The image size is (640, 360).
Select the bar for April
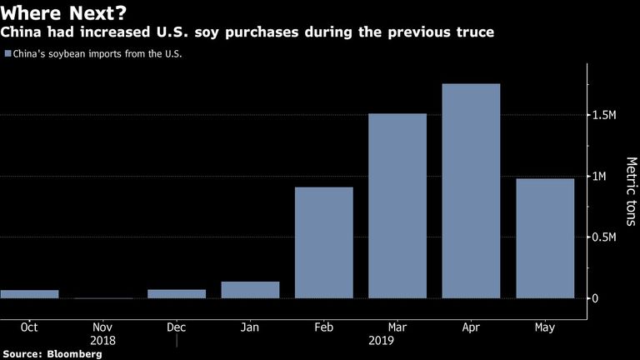click(x=471, y=191)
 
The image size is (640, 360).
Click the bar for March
click(x=397, y=206)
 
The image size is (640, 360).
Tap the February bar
click(x=324, y=242)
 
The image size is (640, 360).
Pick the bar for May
click(x=545, y=238)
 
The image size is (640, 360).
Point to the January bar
click(x=250, y=290)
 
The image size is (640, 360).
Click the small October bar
click(x=29, y=294)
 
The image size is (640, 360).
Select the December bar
click(x=177, y=294)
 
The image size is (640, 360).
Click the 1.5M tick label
click(x=604, y=115)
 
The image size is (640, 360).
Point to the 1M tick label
click(x=599, y=177)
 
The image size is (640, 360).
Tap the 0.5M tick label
click(x=604, y=237)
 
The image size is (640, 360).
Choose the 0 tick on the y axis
click(x=595, y=298)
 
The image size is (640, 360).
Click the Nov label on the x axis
click(x=102, y=327)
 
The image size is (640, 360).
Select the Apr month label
click(x=471, y=327)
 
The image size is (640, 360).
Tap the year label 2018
click(x=102, y=340)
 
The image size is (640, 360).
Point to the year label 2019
click(x=381, y=340)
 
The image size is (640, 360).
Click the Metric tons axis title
click(x=632, y=192)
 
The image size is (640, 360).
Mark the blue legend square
click(x=7, y=53)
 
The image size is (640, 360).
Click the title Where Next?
click(x=63, y=12)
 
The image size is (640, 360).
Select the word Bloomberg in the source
click(x=74, y=354)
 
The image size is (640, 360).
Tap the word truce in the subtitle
click(x=475, y=32)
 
